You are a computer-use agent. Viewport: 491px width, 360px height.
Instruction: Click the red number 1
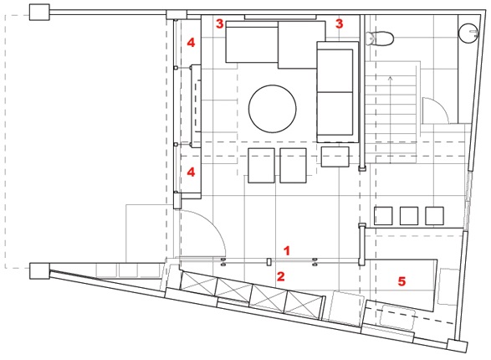(287, 250)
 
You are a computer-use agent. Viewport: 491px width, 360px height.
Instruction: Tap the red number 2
(280, 276)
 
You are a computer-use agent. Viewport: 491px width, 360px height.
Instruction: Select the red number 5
(401, 281)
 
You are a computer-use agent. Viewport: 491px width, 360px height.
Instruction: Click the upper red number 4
(191, 43)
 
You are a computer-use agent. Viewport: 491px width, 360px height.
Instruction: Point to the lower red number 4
(191, 172)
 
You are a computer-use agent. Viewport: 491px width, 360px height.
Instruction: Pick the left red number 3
(219, 23)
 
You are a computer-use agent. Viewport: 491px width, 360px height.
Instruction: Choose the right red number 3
(339, 23)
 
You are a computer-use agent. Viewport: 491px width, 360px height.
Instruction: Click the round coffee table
(273, 109)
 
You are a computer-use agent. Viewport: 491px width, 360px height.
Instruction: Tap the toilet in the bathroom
(379, 39)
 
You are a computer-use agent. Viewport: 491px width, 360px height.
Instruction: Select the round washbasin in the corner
(468, 32)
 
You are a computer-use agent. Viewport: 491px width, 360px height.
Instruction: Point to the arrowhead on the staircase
(390, 78)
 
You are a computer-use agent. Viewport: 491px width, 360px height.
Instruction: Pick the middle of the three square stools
(409, 216)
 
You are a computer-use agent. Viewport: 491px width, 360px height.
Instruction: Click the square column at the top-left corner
(39, 13)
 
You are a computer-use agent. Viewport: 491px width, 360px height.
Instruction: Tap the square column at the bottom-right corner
(458, 346)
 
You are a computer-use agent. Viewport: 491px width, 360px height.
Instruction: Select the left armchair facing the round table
(262, 166)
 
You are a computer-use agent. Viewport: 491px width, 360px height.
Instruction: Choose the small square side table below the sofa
(335, 157)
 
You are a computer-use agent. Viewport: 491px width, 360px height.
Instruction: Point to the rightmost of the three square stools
(434, 216)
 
